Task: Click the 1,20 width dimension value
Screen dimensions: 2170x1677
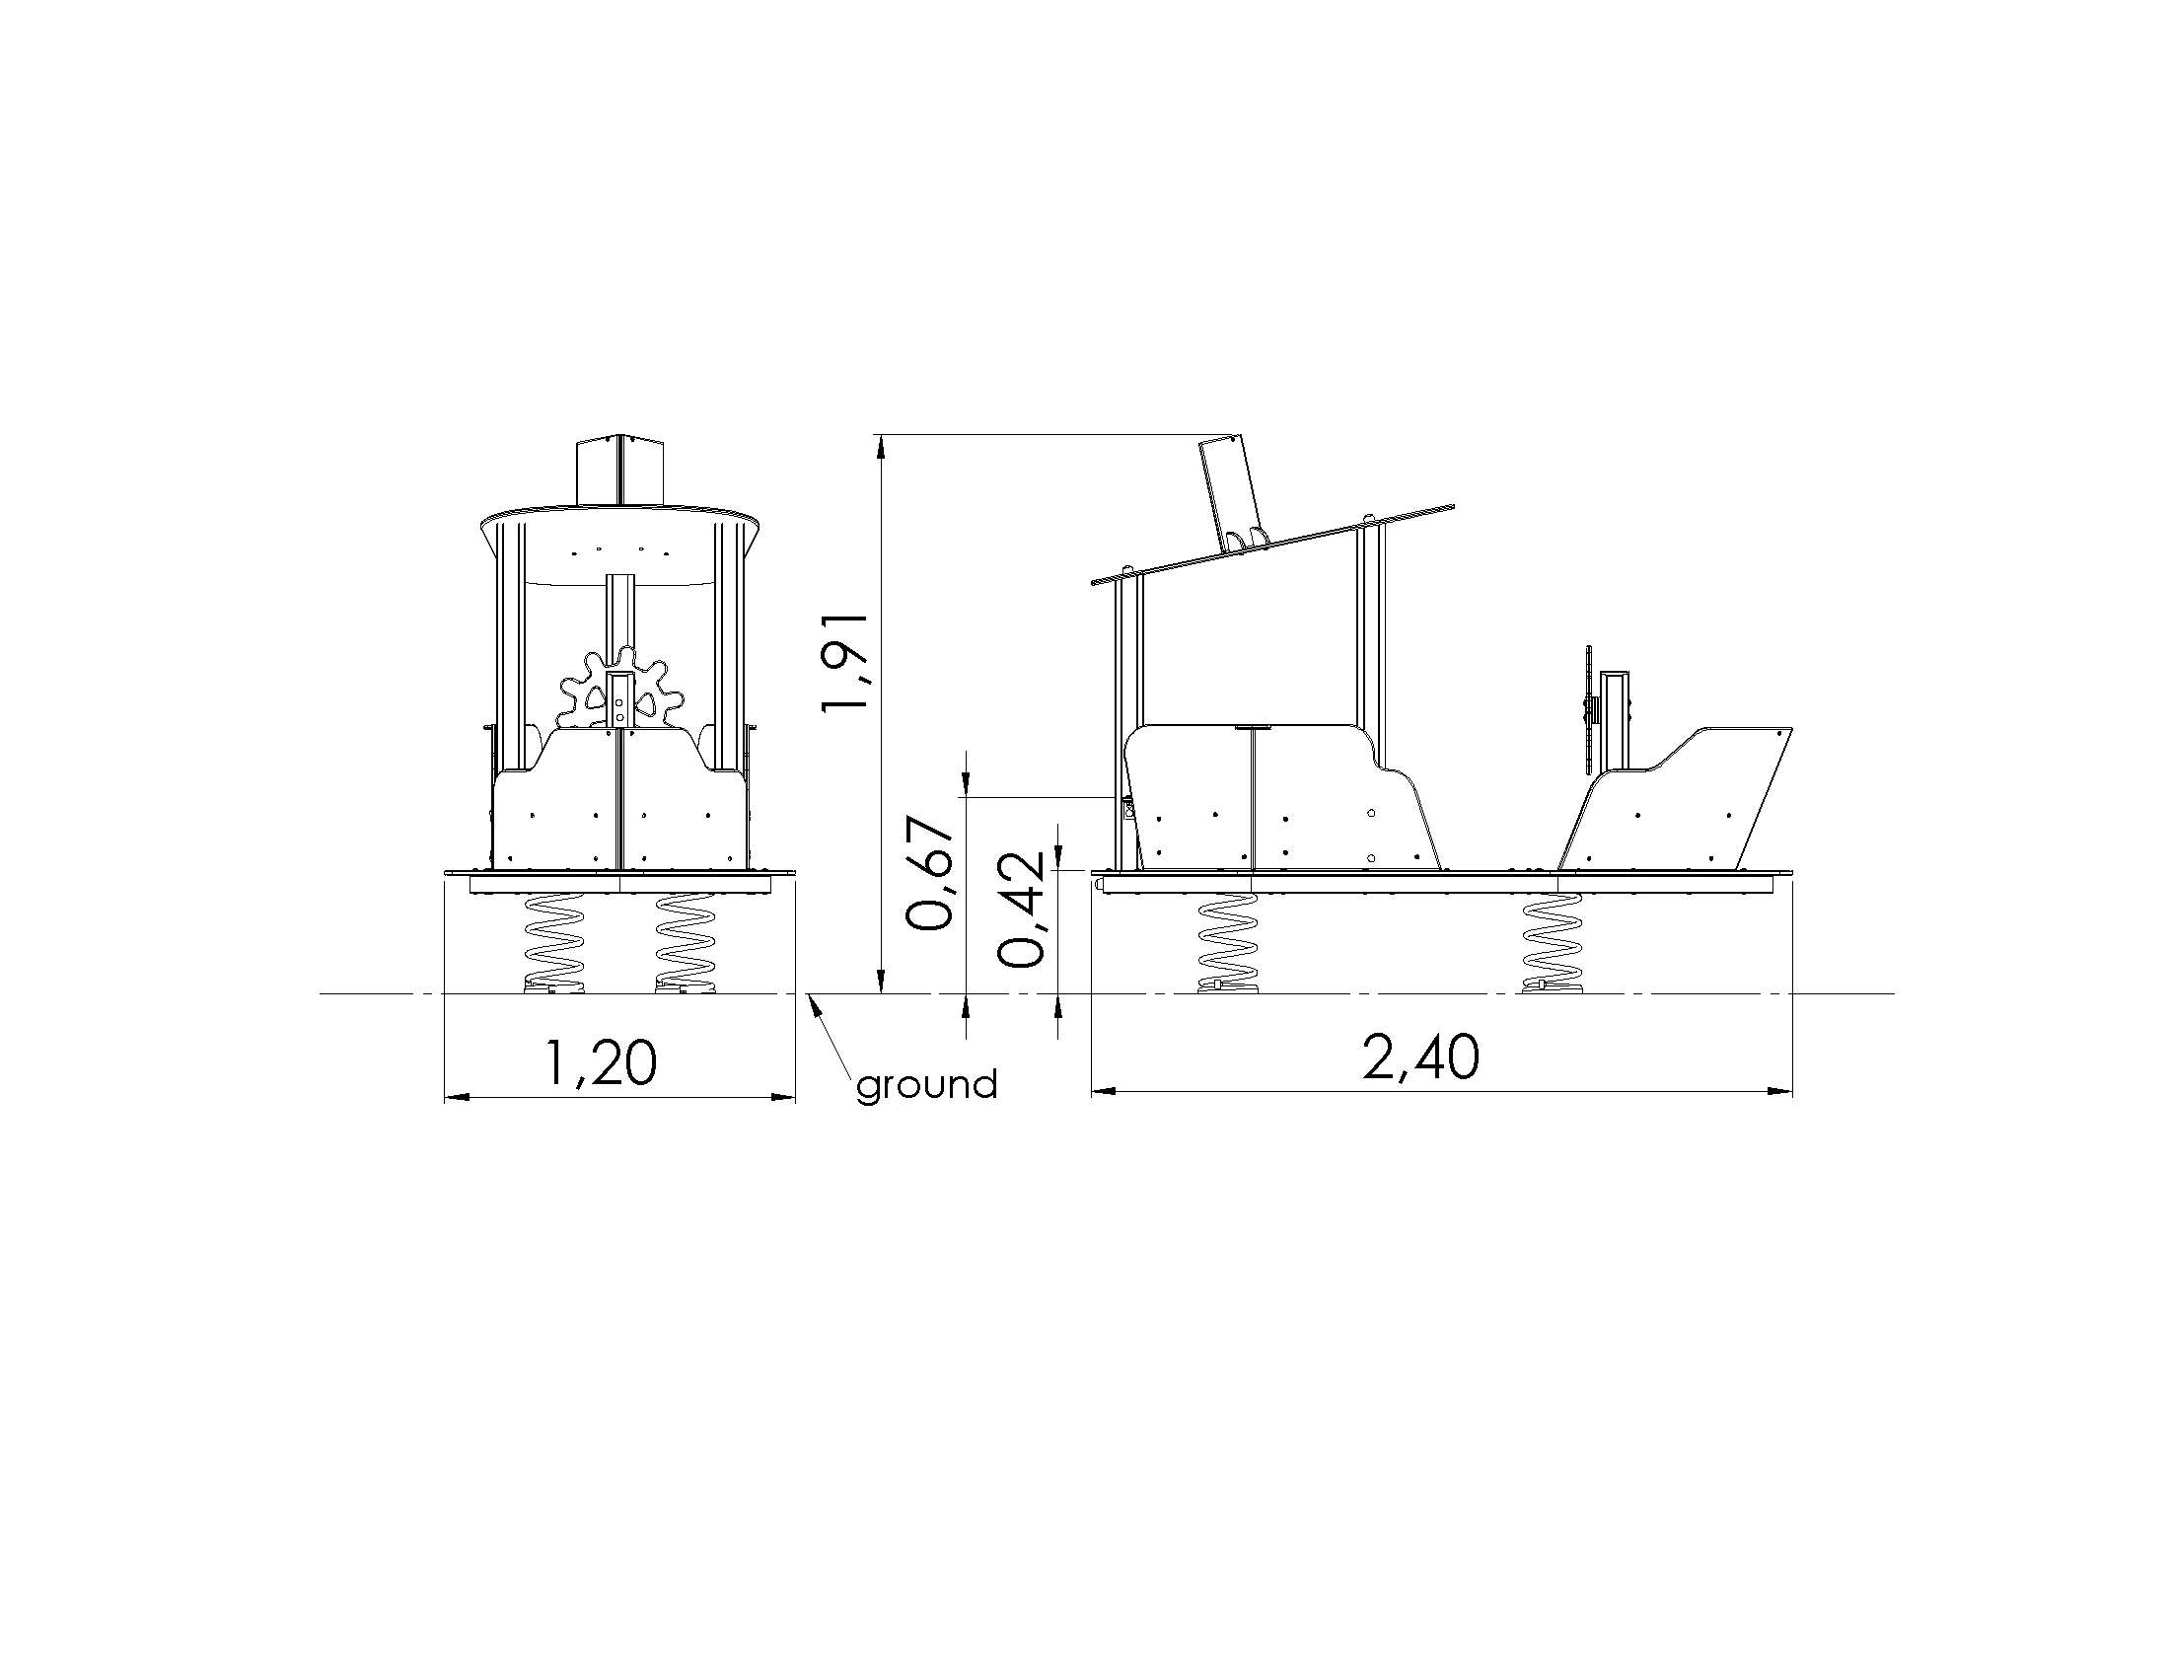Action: click(x=600, y=1062)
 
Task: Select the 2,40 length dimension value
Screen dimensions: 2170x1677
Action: click(x=1420, y=1057)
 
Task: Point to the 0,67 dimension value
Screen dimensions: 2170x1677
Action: click(x=931, y=873)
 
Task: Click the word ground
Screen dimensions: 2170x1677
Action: click(x=927, y=1084)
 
